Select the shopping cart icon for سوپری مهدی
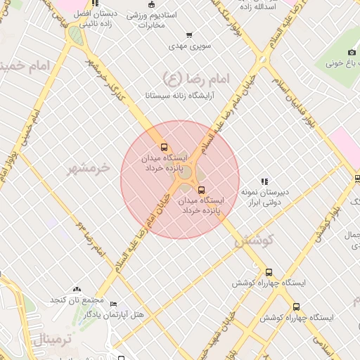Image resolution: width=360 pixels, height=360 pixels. click(x=188, y=35)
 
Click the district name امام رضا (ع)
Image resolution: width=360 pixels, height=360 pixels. click(x=183, y=77)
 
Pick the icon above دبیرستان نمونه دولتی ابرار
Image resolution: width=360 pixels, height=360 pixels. click(x=264, y=181)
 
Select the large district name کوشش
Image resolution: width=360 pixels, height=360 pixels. click(x=252, y=240)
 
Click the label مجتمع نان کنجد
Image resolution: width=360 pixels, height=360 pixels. click(x=72, y=300)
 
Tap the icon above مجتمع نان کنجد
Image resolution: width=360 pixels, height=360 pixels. click(x=76, y=290)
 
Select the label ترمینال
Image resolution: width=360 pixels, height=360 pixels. click(x=52, y=341)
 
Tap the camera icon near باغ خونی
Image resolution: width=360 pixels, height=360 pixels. click(x=352, y=53)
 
